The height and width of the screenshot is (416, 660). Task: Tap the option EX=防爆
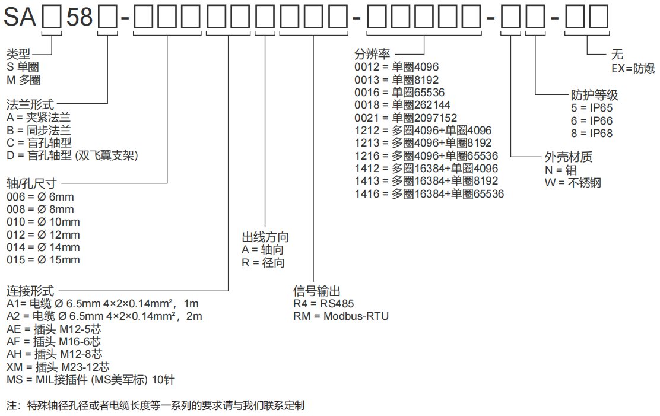point(633,68)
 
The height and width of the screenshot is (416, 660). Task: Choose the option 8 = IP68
point(591,134)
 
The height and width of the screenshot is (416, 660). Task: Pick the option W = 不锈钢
point(572,183)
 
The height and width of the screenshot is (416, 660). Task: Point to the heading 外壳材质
point(568,157)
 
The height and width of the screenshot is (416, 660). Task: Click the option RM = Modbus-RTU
point(341,316)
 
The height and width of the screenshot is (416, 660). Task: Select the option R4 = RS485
point(323,303)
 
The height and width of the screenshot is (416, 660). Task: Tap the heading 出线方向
point(265,237)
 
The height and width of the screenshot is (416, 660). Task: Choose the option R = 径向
point(263,263)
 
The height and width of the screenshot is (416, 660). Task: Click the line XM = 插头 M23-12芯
point(58,367)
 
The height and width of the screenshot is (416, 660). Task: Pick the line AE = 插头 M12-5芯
point(54,329)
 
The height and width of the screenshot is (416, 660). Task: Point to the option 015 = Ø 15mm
point(43,259)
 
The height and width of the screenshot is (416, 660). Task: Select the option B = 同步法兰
point(39,130)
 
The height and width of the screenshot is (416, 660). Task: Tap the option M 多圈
point(24,80)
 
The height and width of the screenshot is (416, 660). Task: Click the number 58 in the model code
point(80,18)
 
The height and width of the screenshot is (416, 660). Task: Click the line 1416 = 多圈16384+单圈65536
point(429,194)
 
